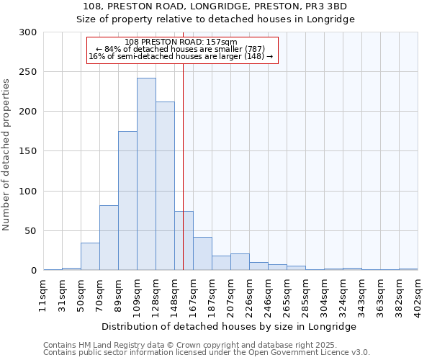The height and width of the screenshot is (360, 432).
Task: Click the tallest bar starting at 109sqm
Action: tap(146, 174)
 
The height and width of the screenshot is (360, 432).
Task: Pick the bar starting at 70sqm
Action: tap(109, 238)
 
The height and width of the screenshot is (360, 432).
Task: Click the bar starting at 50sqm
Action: tap(90, 256)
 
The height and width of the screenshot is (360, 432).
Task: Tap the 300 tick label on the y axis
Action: tap(28, 32)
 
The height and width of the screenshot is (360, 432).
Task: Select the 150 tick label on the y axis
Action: tap(28, 151)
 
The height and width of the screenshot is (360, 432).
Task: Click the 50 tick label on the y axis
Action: tap(31, 231)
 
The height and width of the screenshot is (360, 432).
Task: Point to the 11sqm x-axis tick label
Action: tap(44, 296)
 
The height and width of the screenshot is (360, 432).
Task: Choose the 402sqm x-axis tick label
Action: tap(418, 296)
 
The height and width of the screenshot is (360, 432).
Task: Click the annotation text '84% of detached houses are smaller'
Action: tap(184, 49)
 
